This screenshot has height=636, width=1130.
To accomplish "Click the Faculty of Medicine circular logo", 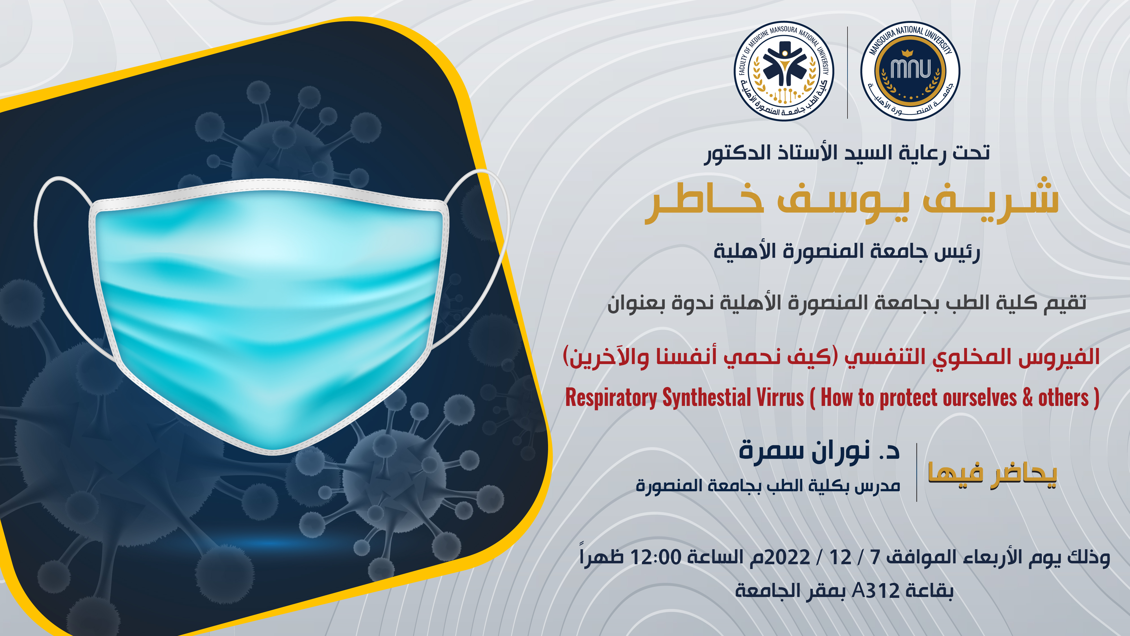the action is pos(784,71).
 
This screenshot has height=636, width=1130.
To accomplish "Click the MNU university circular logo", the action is pos(910,71).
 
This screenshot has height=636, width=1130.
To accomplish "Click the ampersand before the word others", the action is pos(1028,398).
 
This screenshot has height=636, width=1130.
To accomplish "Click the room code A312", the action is pos(876,591).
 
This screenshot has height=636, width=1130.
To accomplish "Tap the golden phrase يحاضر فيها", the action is pos(992,474).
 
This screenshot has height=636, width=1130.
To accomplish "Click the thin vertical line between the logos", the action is pos(847,72).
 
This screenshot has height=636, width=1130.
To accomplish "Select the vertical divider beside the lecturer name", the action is pos(917,472).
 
